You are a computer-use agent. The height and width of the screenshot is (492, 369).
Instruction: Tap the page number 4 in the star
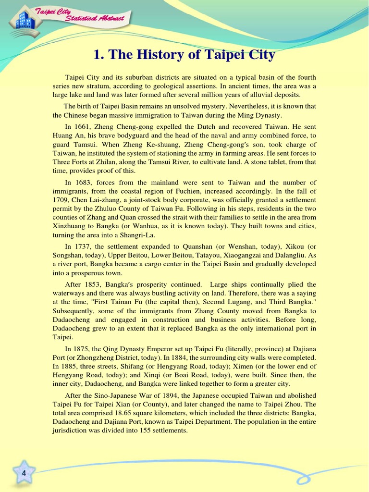(24, 474)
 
